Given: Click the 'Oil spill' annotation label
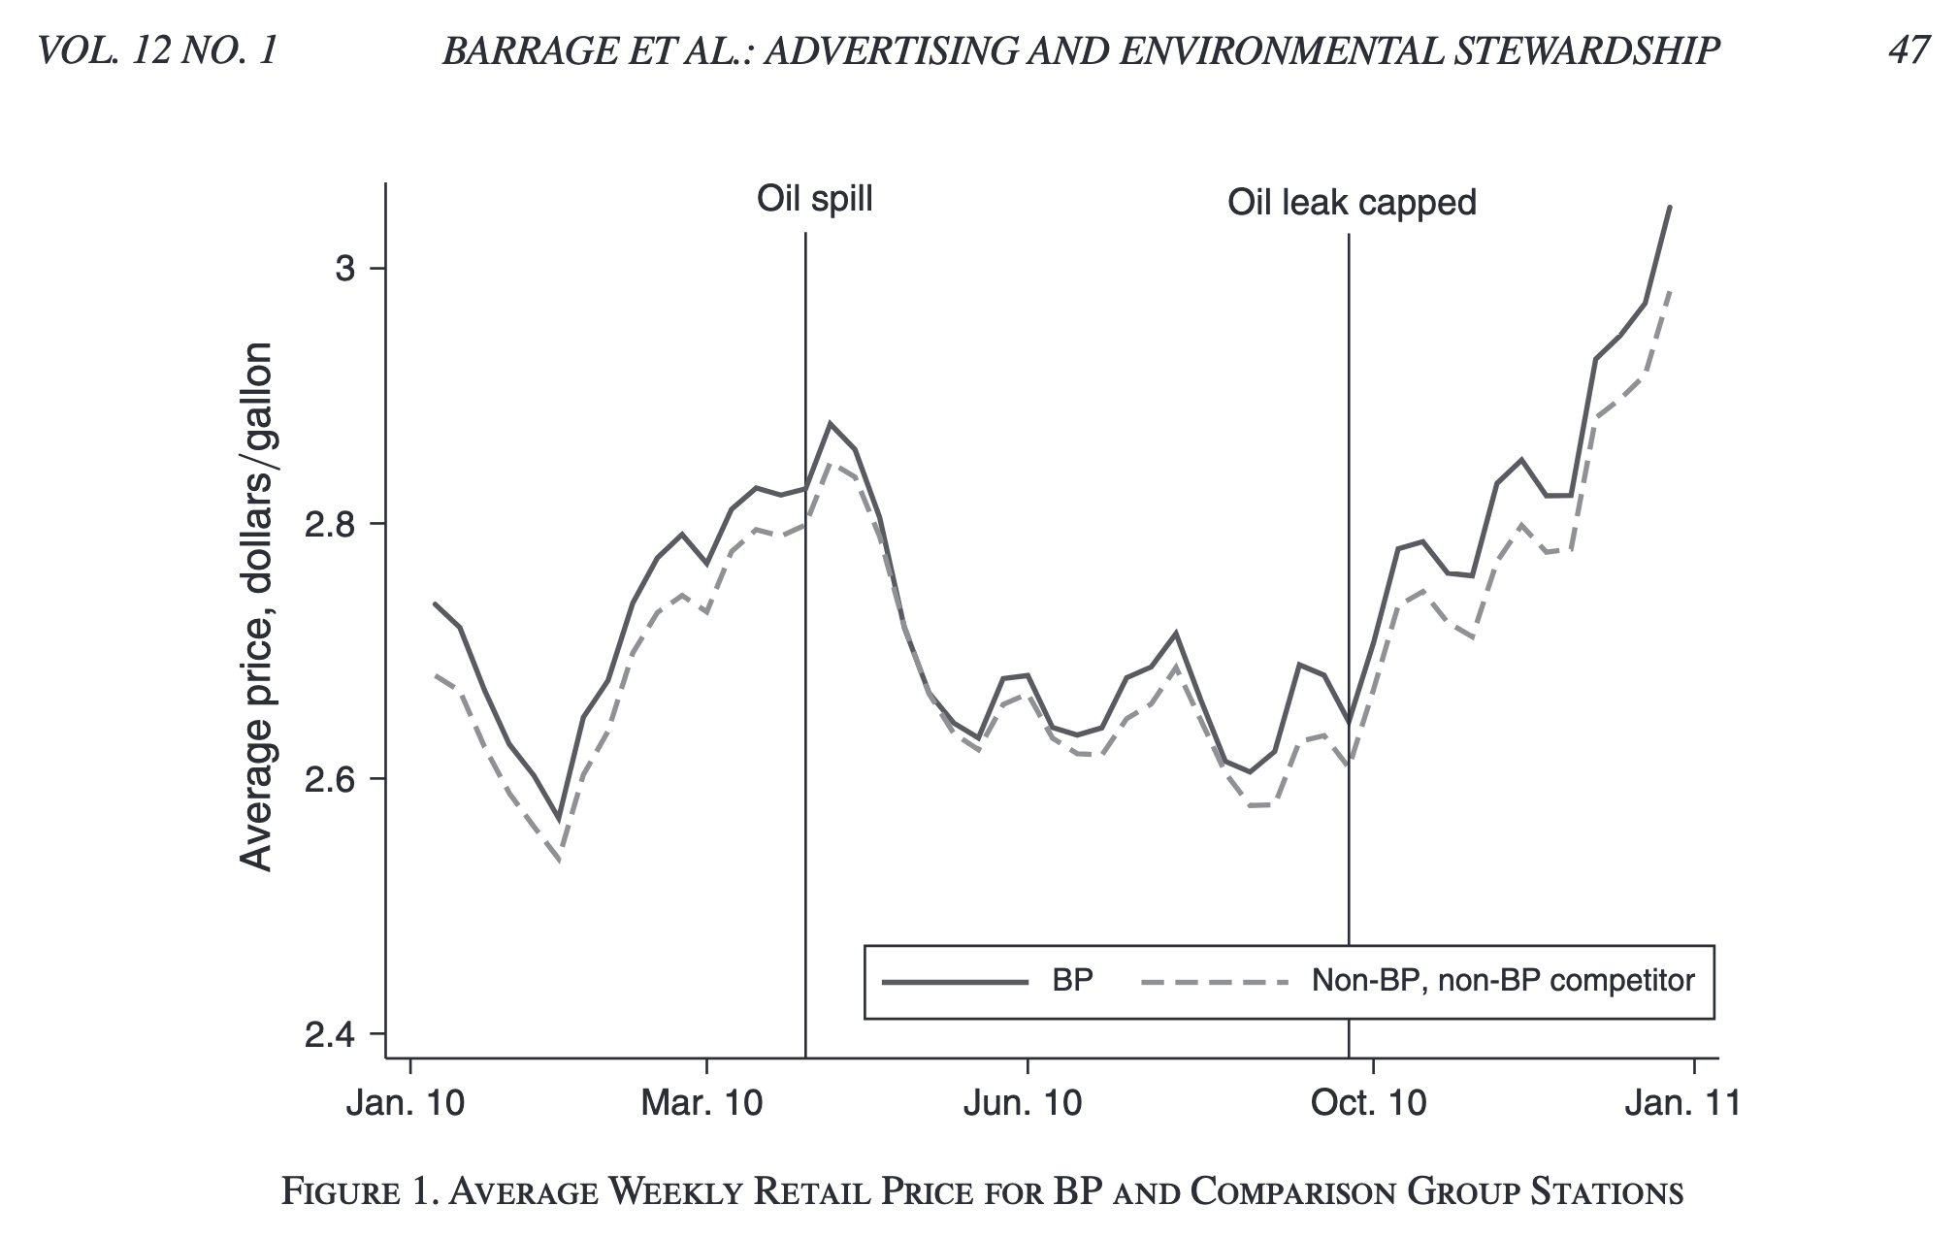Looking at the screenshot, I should click(814, 199).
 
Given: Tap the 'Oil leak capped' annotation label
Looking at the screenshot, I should click(1351, 203).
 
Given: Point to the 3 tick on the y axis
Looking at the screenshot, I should click(345, 269).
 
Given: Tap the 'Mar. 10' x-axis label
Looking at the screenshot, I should click(703, 1103).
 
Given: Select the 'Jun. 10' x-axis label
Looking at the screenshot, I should click(1023, 1103).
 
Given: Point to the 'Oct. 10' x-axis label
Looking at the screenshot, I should click(1370, 1103).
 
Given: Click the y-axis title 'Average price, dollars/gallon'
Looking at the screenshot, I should click(256, 606).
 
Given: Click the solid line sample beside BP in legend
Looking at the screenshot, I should click(955, 982).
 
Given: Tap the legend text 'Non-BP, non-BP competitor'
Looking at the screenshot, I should click(1502, 981).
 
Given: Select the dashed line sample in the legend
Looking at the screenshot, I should click(1215, 982).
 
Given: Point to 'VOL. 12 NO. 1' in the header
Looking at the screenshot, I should click(157, 50).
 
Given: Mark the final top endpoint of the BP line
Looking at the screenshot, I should click(1670, 207).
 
